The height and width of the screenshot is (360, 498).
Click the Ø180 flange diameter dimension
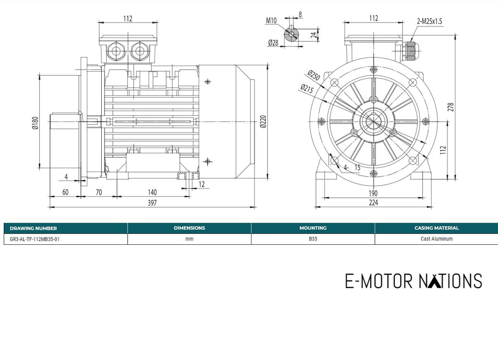[x=35, y=123]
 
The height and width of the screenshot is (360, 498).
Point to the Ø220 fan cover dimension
[x=263, y=122]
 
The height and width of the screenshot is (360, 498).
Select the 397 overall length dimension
[x=152, y=203]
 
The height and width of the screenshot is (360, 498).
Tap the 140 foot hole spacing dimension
[x=152, y=192]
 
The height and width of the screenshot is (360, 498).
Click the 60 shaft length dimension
[x=65, y=192]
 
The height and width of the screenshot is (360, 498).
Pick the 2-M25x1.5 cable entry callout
[x=429, y=21]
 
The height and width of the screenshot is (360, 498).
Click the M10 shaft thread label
[x=271, y=21]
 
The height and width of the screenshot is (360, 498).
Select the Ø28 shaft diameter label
[x=273, y=43]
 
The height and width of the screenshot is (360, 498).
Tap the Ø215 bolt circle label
[x=307, y=89]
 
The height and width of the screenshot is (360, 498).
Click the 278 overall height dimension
[x=451, y=107]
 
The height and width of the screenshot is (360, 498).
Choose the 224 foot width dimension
[x=373, y=202]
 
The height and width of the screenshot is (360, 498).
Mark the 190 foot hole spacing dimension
[x=373, y=193]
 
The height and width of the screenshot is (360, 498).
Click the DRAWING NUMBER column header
[x=33, y=228]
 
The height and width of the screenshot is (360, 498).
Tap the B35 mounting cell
[x=313, y=239]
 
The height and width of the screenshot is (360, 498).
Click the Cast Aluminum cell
[x=436, y=239]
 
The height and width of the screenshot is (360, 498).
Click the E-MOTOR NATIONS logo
[x=413, y=281]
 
